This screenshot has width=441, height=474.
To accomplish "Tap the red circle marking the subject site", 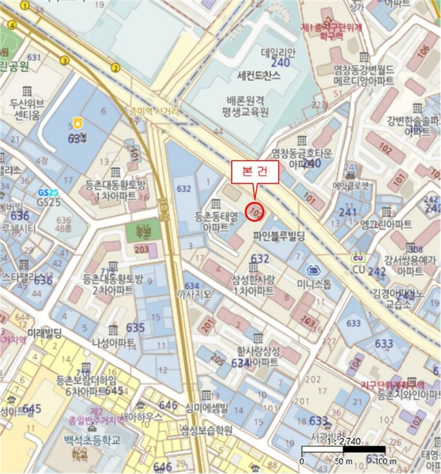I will (x=255, y=211).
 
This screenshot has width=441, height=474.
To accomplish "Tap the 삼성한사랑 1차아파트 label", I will (x=253, y=285).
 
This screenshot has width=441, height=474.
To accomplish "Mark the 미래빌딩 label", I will (x=45, y=333).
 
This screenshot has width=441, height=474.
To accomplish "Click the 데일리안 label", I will (x=279, y=51).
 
